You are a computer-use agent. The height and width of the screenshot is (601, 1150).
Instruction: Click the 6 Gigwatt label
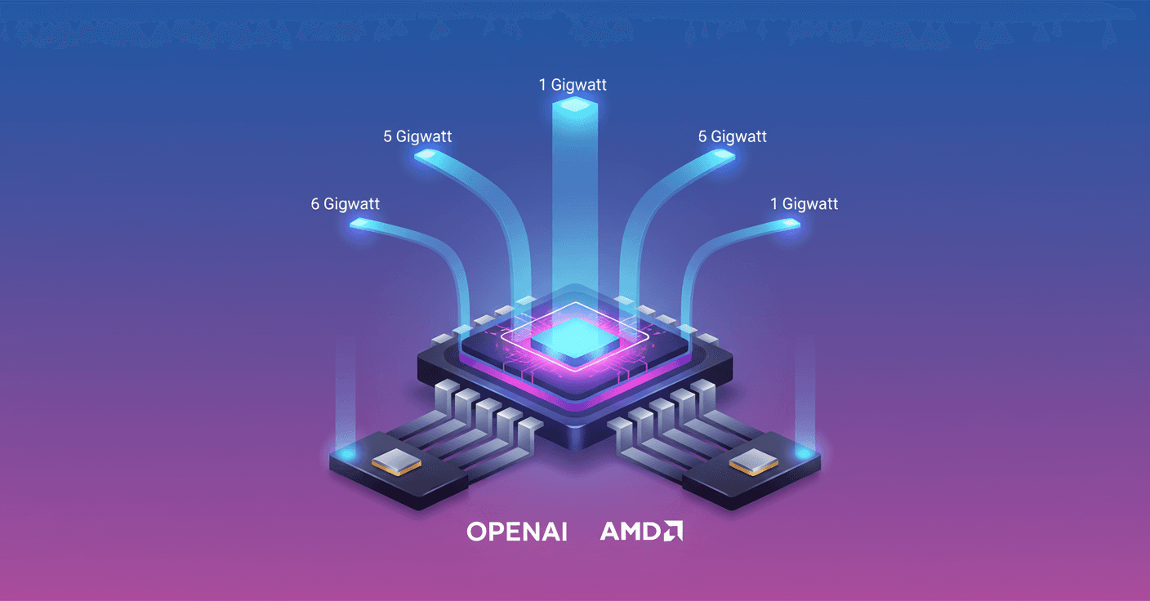coord(345,204)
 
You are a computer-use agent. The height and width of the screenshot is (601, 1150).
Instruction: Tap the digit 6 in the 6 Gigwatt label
coord(315,204)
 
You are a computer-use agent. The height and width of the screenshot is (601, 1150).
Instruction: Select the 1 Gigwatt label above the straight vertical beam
coord(573,85)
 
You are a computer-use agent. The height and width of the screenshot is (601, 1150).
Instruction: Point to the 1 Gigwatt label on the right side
coord(804,204)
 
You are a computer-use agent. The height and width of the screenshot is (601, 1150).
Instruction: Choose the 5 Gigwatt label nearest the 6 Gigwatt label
coord(417,136)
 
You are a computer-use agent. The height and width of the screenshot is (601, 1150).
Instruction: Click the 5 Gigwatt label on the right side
coord(732,136)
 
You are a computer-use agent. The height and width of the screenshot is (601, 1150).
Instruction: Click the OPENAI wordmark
coord(517,532)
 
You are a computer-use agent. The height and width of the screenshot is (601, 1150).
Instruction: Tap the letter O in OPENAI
coord(477,532)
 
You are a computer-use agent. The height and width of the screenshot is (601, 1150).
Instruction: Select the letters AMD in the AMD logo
coord(629,531)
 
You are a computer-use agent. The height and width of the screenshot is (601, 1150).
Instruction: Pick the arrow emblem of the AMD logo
coord(673,531)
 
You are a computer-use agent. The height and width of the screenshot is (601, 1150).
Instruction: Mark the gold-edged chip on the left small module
coord(396,462)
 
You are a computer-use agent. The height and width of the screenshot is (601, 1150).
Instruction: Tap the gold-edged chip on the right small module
coord(754,462)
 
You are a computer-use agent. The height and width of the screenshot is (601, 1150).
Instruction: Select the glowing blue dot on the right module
coord(804,452)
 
